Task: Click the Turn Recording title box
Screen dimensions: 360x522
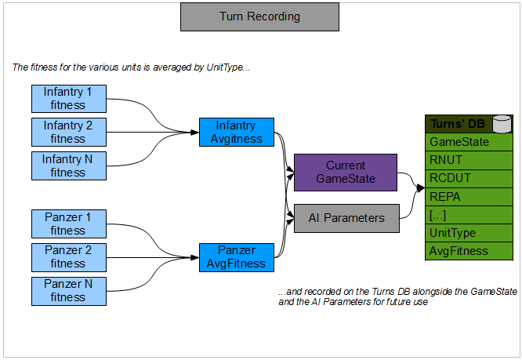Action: [259, 16]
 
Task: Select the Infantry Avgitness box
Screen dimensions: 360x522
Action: [236, 132]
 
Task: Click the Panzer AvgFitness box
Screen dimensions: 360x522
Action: [236, 256]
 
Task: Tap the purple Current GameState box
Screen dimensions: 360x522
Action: [346, 172]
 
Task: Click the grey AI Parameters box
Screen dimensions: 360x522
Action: [346, 218]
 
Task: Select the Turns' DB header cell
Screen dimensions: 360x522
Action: [458, 124]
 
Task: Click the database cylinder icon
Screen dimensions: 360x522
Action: [502, 124]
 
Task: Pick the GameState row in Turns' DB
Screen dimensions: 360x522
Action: [469, 142]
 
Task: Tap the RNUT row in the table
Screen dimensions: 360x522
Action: [469, 160]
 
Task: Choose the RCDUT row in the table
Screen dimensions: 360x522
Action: [469, 178]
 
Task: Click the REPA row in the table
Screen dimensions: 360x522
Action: [469, 196]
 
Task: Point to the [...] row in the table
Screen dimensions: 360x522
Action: [469, 215]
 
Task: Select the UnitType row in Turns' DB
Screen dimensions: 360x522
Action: [469, 233]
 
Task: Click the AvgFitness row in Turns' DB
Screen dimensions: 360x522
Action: [469, 251]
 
